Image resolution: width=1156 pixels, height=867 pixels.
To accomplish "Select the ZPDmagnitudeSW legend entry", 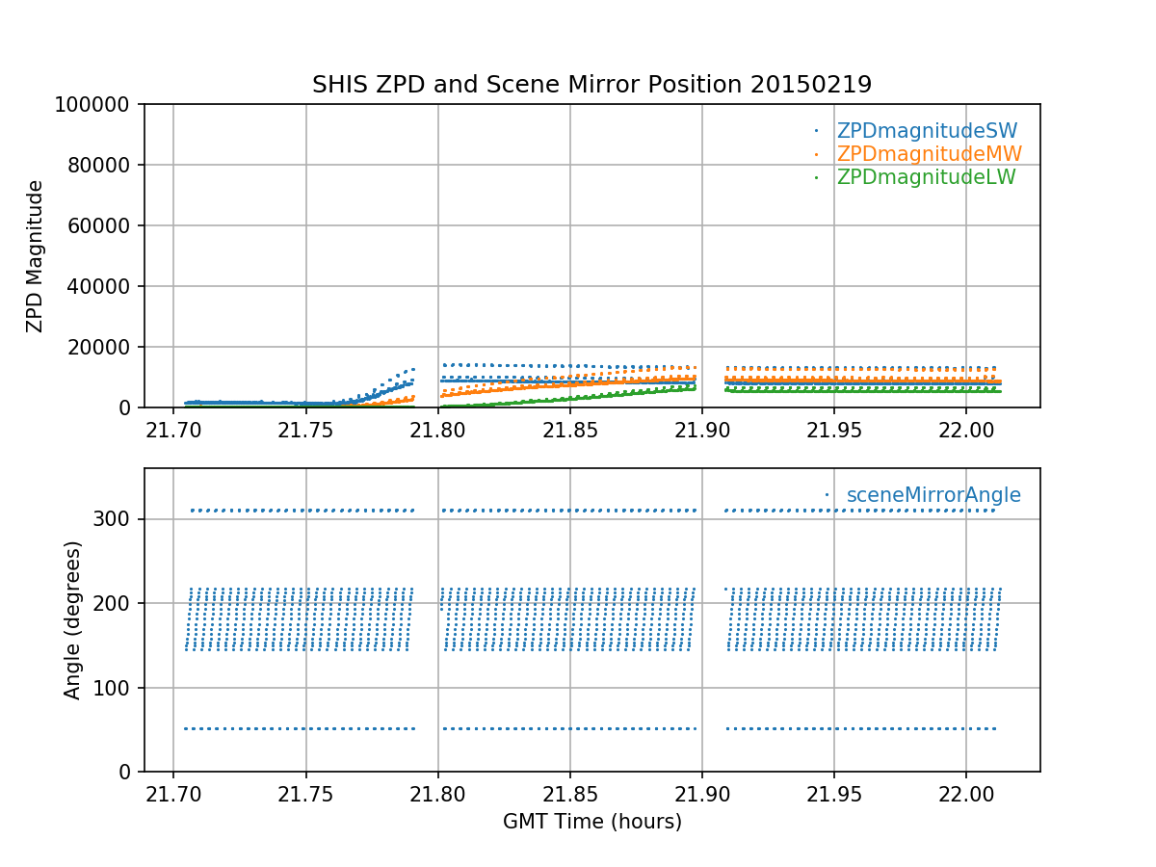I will pos(927,131).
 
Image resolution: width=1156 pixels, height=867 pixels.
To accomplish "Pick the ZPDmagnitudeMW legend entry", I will pos(929,154).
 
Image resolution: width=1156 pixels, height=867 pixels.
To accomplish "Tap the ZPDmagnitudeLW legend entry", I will pos(926,177).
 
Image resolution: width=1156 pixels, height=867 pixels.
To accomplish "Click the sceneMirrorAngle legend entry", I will pos(933,495).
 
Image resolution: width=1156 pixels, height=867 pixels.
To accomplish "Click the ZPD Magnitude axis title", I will pos(35,256).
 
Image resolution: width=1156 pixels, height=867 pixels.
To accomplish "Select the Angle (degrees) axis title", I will pos(72,619).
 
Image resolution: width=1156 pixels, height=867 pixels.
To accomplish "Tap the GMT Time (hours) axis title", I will pos(591,822).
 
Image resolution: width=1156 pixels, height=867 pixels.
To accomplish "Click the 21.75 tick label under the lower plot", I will pos(305,792).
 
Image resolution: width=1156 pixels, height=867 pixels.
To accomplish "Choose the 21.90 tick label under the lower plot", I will pos(701,792).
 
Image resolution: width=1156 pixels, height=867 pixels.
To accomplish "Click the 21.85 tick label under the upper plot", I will pos(569,428).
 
